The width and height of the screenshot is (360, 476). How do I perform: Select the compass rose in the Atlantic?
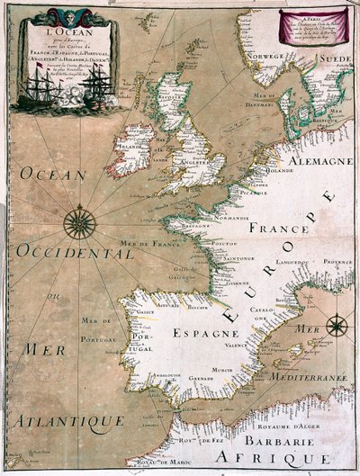point(80,221)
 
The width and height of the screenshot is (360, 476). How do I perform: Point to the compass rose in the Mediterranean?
point(336,326)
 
